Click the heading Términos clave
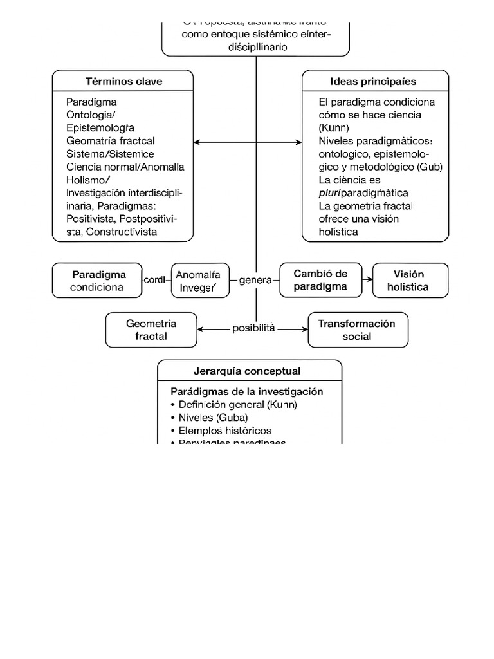click(123, 82)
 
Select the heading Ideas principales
click(373, 82)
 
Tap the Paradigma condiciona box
click(97, 281)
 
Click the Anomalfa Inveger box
click(200, 281)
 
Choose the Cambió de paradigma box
click(320, 281)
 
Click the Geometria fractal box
click(151, 329)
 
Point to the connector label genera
click(255, 281)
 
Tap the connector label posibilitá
click(253, 328)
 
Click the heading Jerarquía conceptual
click(247, 371)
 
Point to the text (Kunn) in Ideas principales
click(334, 127)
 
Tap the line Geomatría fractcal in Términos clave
click(110, 141)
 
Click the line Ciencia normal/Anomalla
click(125, 167)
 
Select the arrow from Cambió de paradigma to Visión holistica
click(367, 280)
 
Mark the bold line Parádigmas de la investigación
click(246, 391)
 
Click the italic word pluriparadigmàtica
click(363, 192)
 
